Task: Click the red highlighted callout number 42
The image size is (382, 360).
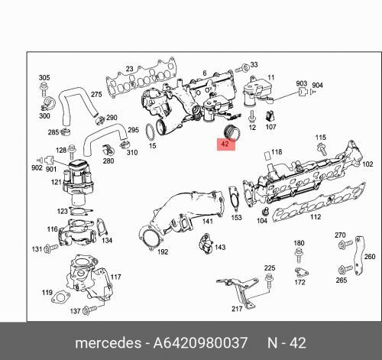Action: click(x=225, y=143)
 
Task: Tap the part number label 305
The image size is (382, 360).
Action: click(x=44, y=78)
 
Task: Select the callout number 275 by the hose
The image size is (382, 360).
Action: click(x=97, y=94)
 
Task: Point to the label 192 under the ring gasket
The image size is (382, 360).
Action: click(x=162, y=251)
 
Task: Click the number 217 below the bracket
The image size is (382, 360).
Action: click(x=238, y=310)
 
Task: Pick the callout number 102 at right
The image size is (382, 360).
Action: click(x=367, y=164)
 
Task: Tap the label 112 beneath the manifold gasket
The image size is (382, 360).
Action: click(x=314, y=216)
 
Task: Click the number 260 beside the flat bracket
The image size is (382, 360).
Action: click(x=369, y=257)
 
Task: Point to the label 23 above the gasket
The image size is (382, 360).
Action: click(x=130, y=70)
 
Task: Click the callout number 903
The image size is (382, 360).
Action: click(x=303, y=83)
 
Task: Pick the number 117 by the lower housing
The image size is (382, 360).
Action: click(x=115, y=277)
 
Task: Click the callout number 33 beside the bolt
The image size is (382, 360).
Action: click(x=254, y=66)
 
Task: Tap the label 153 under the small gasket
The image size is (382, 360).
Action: click(x=237, y=218)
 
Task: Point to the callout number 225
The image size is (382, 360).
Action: click(x=269, y=268)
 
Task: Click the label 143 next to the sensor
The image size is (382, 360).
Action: click(x=220, y=248)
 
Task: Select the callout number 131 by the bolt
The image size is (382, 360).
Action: click(x=36, y=249)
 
